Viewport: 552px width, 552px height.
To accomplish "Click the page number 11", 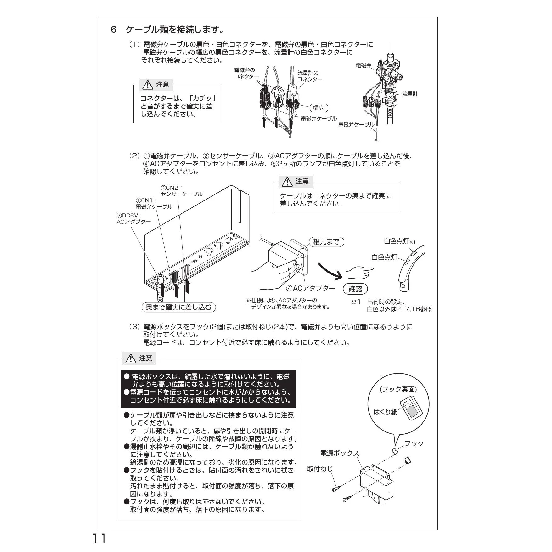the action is point(99,538).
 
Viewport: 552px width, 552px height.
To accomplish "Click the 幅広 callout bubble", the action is point(318,108).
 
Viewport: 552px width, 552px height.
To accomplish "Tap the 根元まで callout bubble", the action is point(327,242).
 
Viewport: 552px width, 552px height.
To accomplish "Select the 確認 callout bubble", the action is point(355,289).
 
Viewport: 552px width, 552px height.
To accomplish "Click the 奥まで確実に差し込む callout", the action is point(179,307).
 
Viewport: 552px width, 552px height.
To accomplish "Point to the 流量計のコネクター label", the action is point(310,76).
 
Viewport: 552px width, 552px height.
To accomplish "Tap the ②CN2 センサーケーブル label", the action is point(182,191).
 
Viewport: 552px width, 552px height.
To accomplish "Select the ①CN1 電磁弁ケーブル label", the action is point(154,204).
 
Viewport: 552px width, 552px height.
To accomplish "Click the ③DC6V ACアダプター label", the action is point(134,219).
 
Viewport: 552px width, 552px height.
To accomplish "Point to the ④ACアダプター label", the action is point(311,288).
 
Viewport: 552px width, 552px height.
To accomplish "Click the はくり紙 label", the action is point(386,412).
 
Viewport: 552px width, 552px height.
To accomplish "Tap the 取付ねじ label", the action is point(320,469).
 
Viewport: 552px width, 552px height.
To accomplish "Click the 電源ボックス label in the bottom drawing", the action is point(340,453).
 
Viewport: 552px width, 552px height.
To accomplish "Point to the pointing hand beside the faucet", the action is point(360,272).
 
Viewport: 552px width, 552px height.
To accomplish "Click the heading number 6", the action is point(114,30).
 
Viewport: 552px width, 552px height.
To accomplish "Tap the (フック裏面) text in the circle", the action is point(398,389).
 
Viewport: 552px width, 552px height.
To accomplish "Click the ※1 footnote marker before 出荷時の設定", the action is point(356,302).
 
